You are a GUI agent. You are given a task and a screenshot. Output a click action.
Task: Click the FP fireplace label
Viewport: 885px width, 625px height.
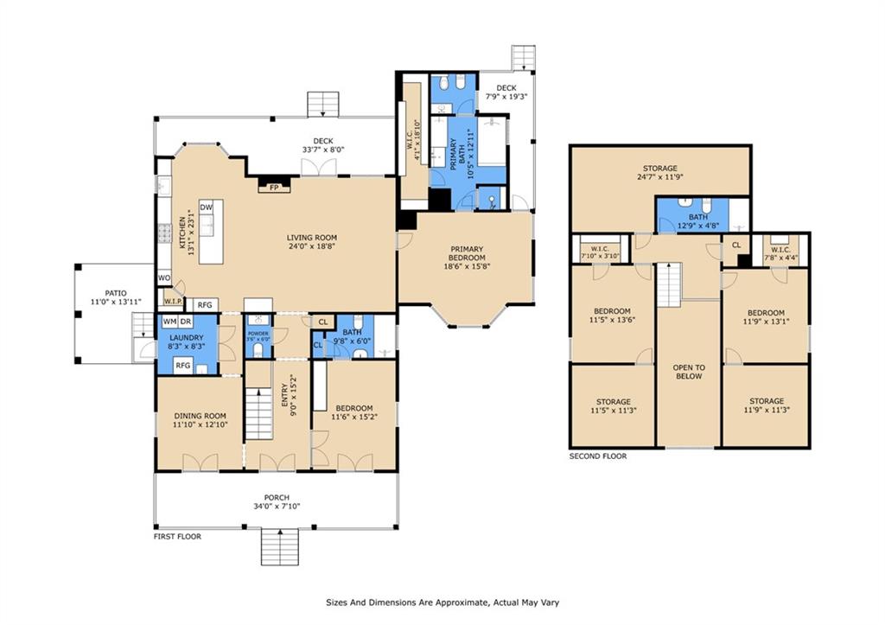pos(274,188)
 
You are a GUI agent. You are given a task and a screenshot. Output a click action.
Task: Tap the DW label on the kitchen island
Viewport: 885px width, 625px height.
pos(206,207)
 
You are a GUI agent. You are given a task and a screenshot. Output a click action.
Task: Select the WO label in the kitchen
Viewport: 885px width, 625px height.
pos(163,277)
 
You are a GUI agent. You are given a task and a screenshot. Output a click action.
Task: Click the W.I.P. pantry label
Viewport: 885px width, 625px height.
pos(173,302)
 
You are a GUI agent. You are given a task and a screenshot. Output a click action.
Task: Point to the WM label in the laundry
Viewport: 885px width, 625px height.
pos(169,322)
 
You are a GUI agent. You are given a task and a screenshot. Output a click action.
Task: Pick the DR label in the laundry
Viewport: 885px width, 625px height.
pos(186,322)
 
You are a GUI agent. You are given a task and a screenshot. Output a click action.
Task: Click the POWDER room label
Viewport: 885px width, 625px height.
pos(258,333)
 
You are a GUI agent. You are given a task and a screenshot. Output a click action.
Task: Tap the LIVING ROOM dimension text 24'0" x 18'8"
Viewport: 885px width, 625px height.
pos(311,246)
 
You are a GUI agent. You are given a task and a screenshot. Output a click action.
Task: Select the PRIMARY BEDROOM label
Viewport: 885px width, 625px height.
pos(467,253)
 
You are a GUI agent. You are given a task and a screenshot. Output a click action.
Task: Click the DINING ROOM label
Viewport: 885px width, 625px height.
pos(200,416)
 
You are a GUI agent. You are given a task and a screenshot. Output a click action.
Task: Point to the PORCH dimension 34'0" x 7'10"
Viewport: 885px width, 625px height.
pos(277,507)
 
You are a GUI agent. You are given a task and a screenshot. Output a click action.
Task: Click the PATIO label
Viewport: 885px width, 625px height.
pos(116,293)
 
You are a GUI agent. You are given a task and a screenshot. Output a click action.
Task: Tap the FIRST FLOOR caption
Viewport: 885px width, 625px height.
pos(177,536)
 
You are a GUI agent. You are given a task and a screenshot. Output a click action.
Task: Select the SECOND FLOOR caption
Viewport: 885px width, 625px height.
pos(598,456)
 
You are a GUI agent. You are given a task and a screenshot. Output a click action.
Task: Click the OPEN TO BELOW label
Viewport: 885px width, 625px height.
pos(689,372)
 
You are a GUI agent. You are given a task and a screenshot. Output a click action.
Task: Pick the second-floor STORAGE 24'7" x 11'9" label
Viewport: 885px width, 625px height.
pos(659,172)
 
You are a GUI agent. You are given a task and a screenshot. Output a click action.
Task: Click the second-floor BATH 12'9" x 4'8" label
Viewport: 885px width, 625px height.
pos(698,221)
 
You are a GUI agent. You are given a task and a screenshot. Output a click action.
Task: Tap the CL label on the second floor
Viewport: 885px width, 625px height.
pos(736,245)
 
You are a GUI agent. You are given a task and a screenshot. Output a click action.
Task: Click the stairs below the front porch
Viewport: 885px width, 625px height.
pos(279,547)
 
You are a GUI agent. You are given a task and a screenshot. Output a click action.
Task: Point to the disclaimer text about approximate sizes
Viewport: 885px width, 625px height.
pos(442,603)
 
